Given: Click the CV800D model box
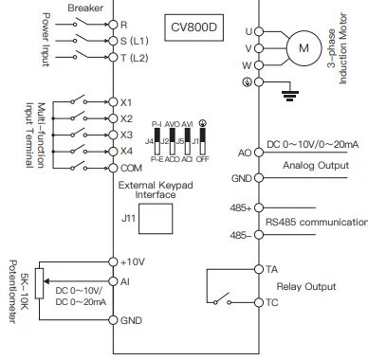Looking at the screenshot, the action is tap(193, 27).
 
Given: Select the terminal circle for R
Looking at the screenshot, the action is tap(113, 25).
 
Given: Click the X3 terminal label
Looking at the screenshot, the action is tap(126, 135).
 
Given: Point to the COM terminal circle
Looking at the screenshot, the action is tap(113, 168).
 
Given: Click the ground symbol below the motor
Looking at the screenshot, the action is tap(290, 96).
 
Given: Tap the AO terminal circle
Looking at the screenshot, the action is tap(259, 153).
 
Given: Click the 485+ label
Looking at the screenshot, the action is tap(241, 208).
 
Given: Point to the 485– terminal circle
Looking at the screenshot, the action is tap(259, 235).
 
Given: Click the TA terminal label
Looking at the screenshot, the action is tap(271, 269).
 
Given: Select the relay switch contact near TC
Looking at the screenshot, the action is tap(222, 298).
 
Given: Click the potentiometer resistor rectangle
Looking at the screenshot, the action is tap(39, 283).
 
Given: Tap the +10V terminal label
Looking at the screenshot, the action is tap(133, 261).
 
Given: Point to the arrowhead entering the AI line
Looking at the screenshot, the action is tap(46, 281).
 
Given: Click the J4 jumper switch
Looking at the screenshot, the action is tap(156, 141).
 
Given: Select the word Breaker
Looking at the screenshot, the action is tap(85, 8).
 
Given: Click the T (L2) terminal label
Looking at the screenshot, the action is tap(134, 58).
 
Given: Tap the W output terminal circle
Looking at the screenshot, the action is tap(259, 65).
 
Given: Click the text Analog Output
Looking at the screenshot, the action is tap(316, 166).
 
